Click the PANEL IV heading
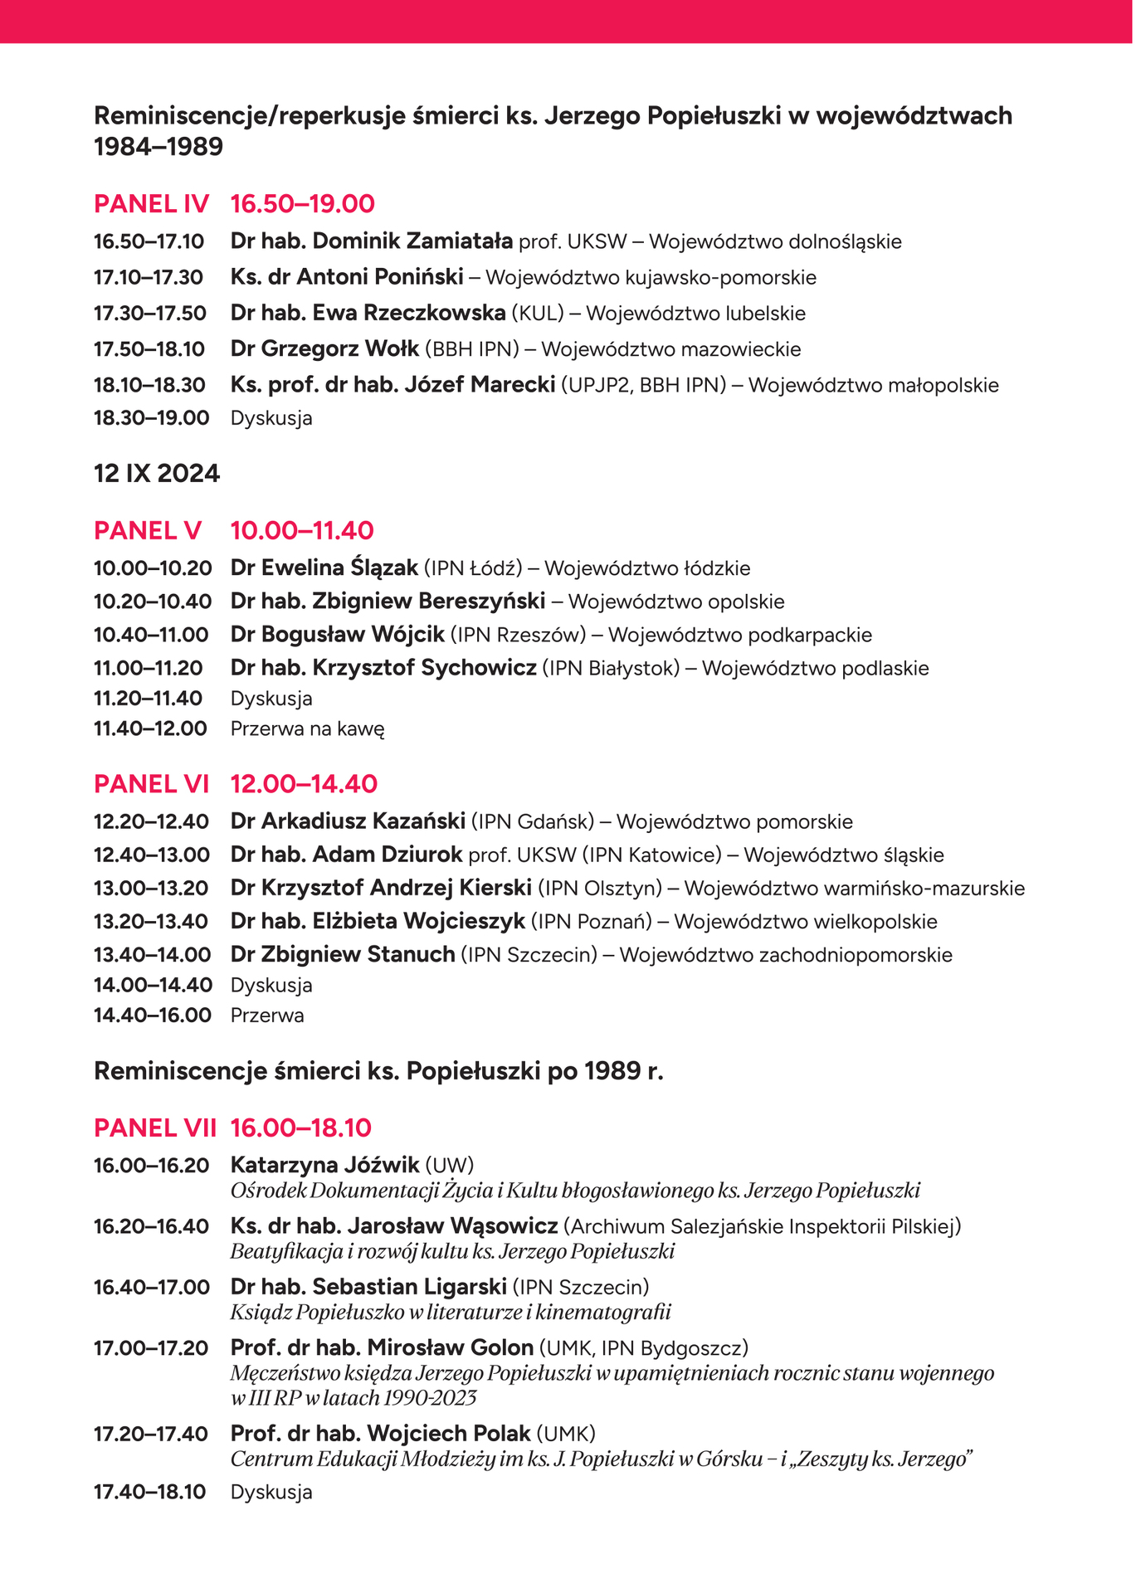tap(151, 204)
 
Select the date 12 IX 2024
tap(157, 474)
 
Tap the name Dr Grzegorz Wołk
tap(324, 349)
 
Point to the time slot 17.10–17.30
tap(149, 278)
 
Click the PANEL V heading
tap(148, 531)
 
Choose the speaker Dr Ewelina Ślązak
tap(324, 568)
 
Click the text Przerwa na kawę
tap(307, 729)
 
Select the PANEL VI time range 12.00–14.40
tap(304, 784)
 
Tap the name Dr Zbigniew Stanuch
tap(343, 955)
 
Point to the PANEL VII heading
tap(155, 1128)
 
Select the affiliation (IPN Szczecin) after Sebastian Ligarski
tap(581, 1287)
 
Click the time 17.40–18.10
tap(149, 1492)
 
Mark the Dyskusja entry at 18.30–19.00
tap(271, 418)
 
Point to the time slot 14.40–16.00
tap(152, 1016)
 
